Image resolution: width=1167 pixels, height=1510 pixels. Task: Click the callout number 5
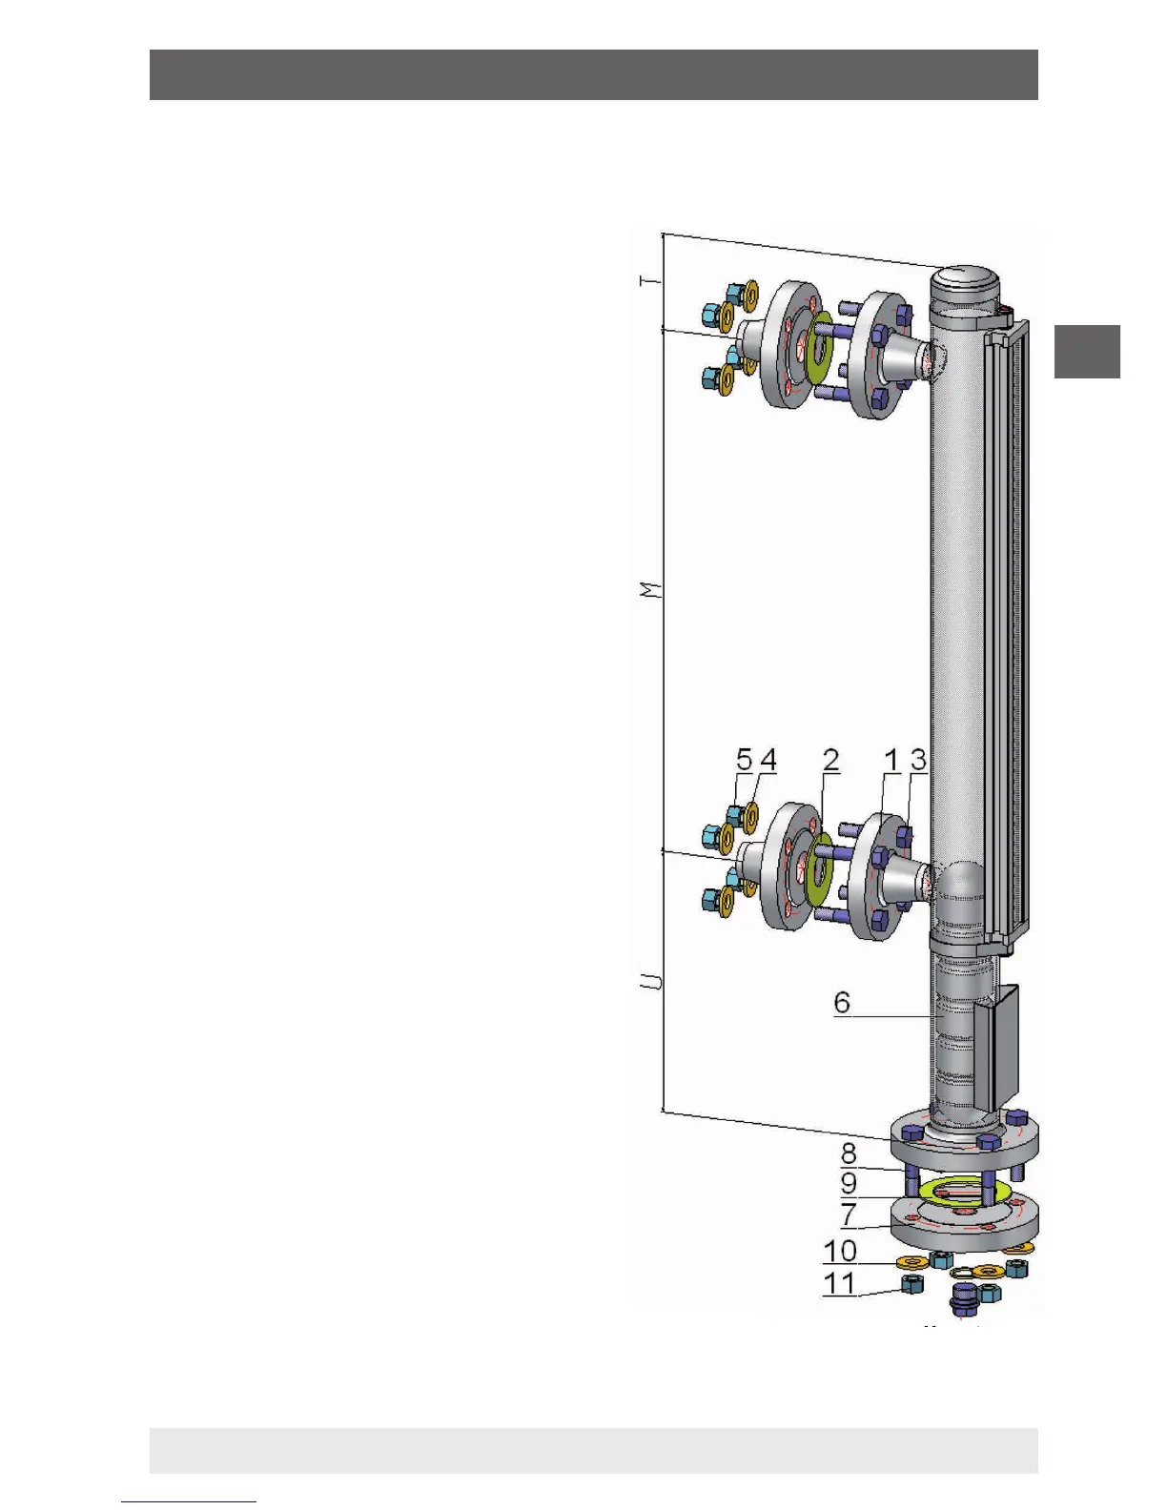(x=745, y=760)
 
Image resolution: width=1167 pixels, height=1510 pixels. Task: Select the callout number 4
(x=768, y=760)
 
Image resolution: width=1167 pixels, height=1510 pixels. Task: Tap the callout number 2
(x=830, y=760)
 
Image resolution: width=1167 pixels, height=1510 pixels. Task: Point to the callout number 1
(x=891, y=760)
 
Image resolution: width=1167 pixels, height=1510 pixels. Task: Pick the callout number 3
(x=918, y=760)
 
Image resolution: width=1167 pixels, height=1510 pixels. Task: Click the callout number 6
(x=842, y=1002)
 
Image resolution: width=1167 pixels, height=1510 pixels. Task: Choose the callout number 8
(x=849, y=1153)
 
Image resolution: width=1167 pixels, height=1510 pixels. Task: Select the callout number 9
(x=849, y=1183)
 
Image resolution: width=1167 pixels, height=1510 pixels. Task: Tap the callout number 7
(x=849, y=1214)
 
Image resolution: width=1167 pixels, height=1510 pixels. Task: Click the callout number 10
(x=840, y=1251)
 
